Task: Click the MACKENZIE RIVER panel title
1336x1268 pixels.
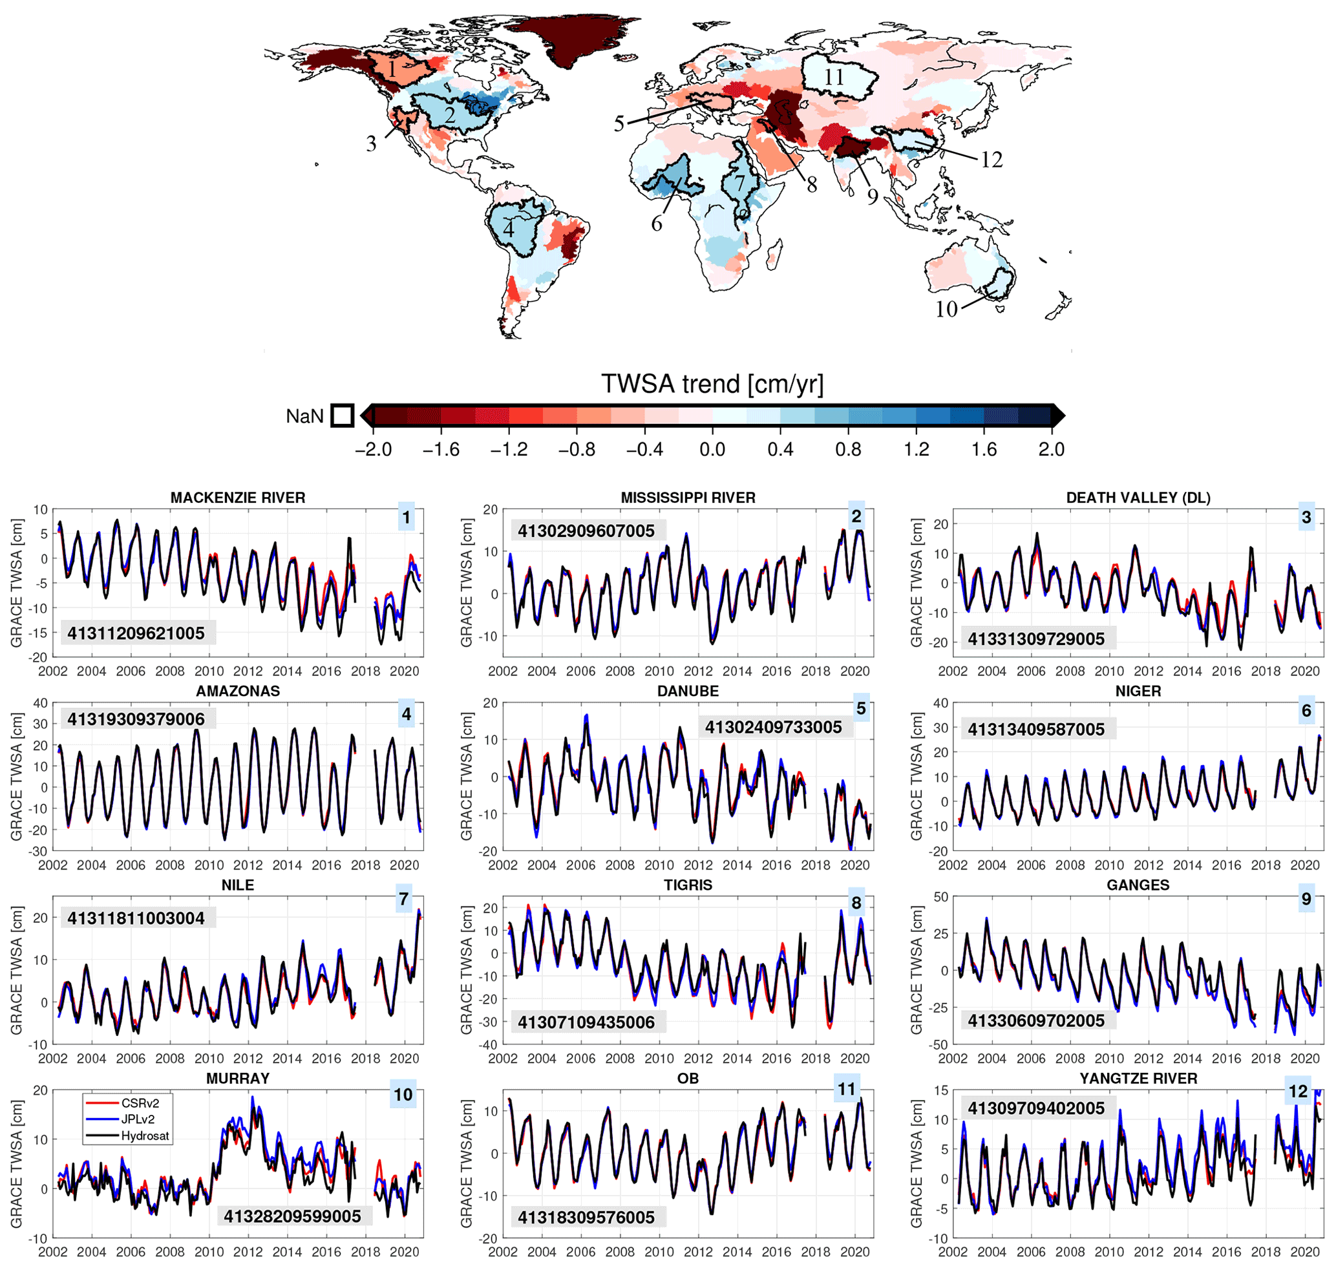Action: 237,498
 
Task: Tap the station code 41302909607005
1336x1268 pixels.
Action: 586,531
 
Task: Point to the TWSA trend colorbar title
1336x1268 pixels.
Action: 712,384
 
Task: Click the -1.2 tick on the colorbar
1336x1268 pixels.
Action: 509,449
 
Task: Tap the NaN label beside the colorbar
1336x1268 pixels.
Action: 304,416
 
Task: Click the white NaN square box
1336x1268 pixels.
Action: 342,416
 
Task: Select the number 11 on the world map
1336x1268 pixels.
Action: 834,77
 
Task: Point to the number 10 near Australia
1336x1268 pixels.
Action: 946,309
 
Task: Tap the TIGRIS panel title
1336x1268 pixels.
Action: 688,885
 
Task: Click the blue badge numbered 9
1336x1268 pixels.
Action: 1306,899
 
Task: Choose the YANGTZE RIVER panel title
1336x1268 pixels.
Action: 1138,1078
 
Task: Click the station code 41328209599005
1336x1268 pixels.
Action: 292,1217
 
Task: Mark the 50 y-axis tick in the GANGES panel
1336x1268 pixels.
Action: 940,897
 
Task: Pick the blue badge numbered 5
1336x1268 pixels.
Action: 861,708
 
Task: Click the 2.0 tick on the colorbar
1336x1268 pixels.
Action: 1052,449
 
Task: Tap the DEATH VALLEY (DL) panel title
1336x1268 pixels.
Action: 1138,498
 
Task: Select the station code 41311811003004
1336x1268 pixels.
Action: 135,918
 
